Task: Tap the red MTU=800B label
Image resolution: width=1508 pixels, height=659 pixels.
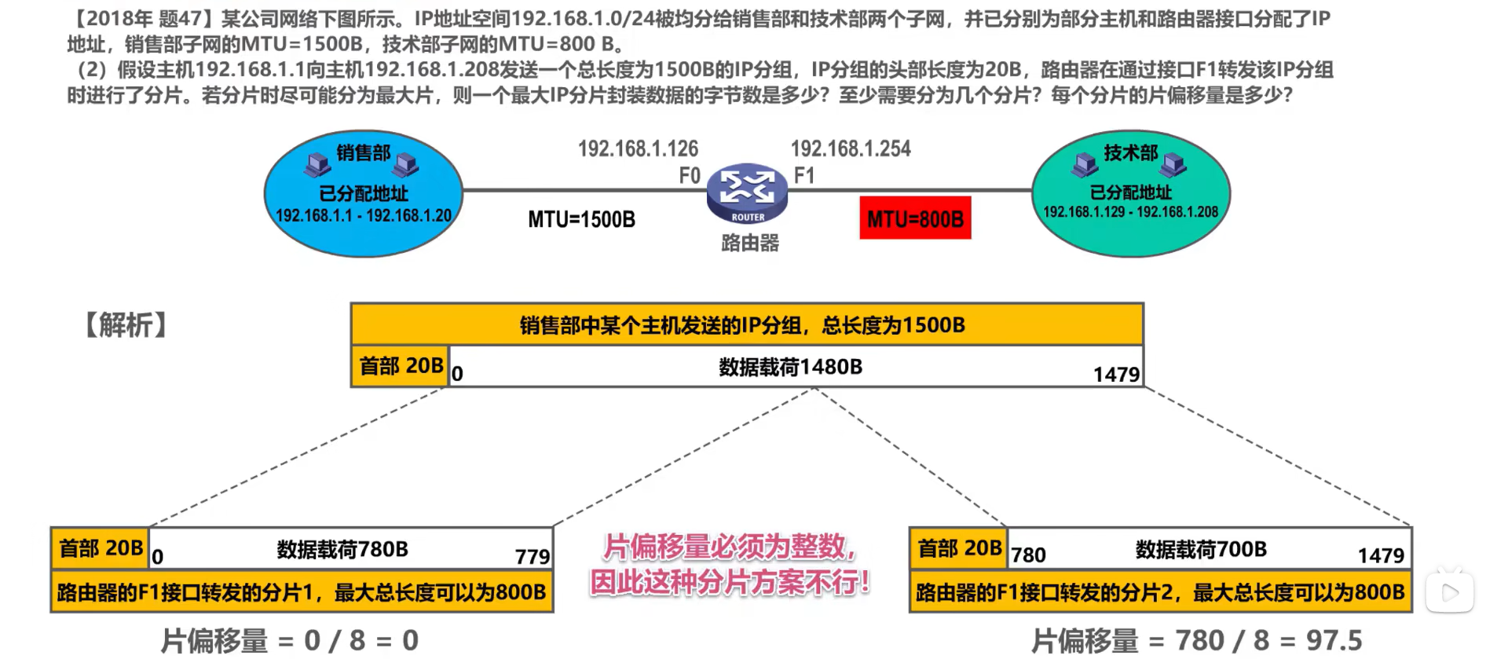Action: [915, 218]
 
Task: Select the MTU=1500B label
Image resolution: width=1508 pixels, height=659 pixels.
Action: [581, 219]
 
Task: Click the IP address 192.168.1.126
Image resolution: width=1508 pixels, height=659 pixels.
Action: [638, 148]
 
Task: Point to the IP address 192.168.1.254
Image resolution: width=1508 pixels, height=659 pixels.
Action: [851, 148]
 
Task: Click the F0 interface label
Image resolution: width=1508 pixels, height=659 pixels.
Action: [690, 175]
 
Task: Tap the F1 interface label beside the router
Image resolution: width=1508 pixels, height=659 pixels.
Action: [804, 175]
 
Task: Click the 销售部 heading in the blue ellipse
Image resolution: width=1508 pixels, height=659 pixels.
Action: [364, 152]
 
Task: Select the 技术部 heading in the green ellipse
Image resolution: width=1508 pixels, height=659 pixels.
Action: [1131, 152]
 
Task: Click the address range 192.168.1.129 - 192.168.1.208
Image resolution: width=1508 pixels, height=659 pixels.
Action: [1130, 212]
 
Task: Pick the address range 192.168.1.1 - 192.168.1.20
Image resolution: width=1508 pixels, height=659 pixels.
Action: [364, 215]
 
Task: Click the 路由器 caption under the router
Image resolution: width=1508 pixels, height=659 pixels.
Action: [750, 243]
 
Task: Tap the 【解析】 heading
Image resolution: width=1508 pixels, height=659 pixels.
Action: [126, 324]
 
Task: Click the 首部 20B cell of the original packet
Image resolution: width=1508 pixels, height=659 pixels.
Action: [401, 366]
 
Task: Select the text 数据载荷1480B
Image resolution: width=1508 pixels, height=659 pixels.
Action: [790, 367]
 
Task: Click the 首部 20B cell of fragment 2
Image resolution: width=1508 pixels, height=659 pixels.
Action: [959, 548]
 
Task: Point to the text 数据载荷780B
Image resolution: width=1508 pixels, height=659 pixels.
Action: [342, 549]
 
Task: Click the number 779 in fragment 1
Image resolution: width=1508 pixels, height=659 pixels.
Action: [532, 556]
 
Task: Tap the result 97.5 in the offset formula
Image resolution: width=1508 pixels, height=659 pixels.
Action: [1334, 640]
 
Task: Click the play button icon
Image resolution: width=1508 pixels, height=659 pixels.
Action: [1450, 592]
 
